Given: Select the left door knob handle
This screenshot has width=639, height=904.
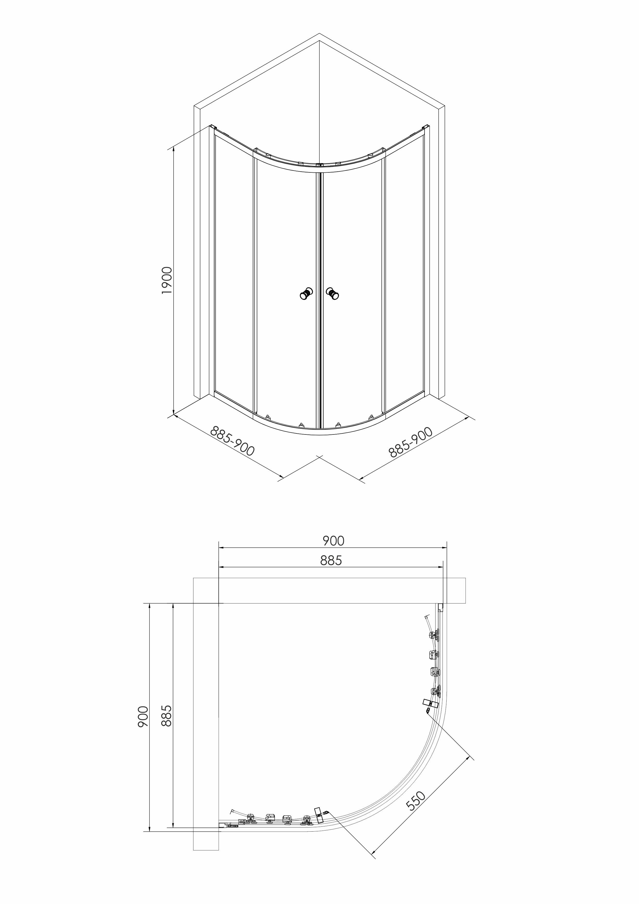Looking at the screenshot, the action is (x=306, y=294).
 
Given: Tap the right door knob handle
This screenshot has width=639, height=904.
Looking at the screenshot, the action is (x=333, y=294).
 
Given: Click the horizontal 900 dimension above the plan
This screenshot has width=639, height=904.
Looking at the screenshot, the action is (x=333, y=541).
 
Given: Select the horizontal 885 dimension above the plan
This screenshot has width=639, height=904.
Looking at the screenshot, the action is (x=331, y=560).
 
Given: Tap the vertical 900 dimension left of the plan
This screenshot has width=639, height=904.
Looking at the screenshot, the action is (x=143, y=717).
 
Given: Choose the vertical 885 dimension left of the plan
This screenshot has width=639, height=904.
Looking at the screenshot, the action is (x=166, y=716).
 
